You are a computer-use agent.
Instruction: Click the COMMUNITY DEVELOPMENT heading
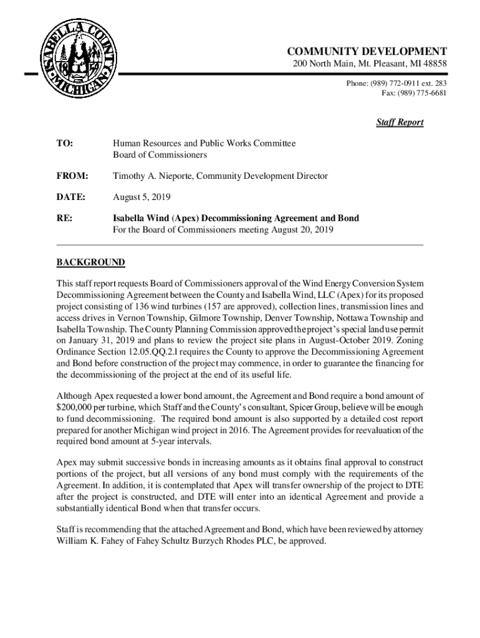coord(367,52)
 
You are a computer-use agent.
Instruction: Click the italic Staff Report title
coord(400,122)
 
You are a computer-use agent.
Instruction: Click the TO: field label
coord(65,144)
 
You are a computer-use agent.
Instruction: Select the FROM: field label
coord(72,176)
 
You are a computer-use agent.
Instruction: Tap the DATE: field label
coord(70,198)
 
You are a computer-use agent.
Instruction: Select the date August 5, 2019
coord(142,198)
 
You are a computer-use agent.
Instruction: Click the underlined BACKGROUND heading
coord(90,262)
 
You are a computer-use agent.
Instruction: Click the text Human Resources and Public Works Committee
coord(204,144)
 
